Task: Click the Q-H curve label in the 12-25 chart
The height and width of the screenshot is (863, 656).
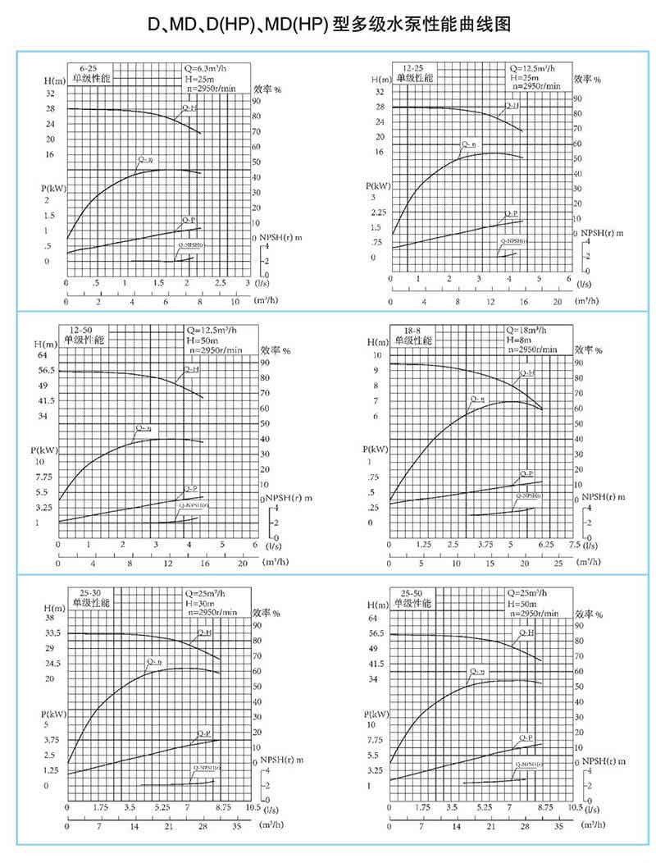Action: tap(511, 107)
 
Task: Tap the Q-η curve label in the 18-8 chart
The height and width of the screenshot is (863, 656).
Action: tap(476, 399)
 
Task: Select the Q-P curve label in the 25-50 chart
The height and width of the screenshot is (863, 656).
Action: tap(527, 738)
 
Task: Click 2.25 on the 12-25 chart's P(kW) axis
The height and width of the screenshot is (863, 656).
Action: tap(376, 212)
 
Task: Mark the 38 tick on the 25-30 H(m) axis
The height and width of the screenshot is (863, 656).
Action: tap(50, 618)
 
